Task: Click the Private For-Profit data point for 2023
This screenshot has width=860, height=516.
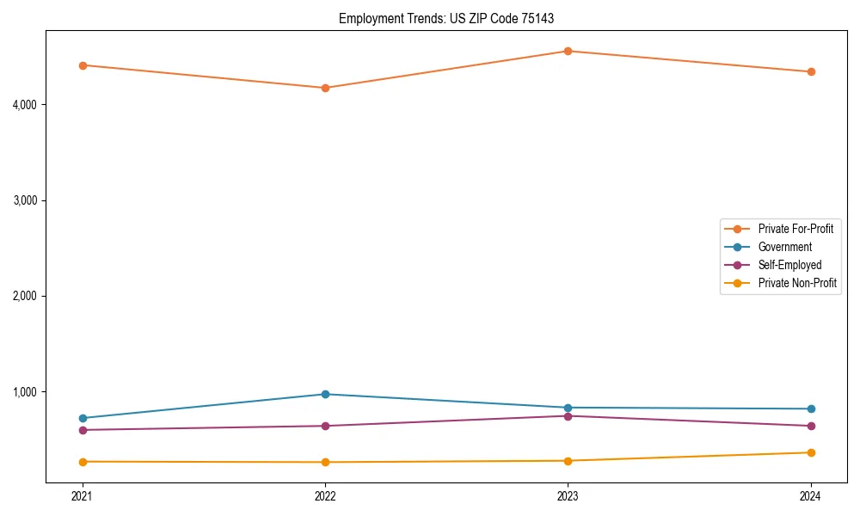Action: point(568,51)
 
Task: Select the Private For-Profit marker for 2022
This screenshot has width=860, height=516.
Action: point(325,88)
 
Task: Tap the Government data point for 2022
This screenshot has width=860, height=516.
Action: point(325,394)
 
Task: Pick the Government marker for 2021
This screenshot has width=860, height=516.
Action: point(83,418)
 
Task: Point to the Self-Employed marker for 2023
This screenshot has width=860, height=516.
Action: point(568,416)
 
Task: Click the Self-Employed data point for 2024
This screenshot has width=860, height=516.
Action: point(811,426)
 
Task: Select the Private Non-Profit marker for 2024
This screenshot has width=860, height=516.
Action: point(811,452)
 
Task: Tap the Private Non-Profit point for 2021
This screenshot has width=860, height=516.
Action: point(83,462)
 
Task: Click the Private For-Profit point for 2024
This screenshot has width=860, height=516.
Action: point(811,71)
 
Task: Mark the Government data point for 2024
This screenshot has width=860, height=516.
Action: point(811,408)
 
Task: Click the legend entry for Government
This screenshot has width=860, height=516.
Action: point(784,247)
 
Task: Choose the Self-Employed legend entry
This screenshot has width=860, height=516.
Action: point(789,265)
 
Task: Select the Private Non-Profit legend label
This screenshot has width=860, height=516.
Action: point(797,283)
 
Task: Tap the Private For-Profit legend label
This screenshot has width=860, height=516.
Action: point(795,229)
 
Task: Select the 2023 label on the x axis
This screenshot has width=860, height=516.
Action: point(568,496)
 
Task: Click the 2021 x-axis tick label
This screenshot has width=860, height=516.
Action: point(83,496)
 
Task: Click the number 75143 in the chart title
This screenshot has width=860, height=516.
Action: point(539,18)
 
